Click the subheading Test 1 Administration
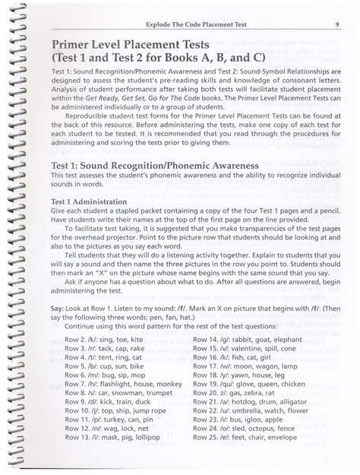click(95, 201)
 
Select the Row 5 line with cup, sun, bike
click(104, 364)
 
